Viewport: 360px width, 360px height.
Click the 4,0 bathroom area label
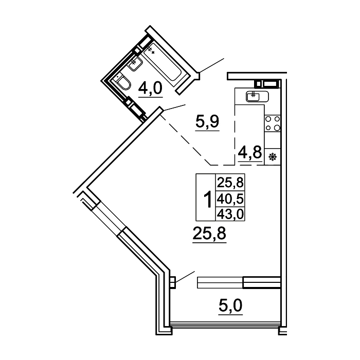150,88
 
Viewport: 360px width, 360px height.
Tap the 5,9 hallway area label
207,121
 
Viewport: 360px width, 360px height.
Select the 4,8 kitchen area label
250,152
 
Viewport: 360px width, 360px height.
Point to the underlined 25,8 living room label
209,233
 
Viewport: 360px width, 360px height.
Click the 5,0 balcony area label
230,305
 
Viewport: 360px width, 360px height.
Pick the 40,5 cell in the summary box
230,199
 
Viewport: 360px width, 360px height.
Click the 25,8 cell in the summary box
230,183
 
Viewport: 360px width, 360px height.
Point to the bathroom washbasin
135,63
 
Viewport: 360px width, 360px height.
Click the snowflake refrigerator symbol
273,157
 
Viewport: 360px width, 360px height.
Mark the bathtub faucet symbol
150,50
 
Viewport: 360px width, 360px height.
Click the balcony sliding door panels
239,282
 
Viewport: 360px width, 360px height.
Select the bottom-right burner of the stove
277,128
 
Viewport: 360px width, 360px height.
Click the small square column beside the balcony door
173,282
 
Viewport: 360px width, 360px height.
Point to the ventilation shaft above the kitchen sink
268,83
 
